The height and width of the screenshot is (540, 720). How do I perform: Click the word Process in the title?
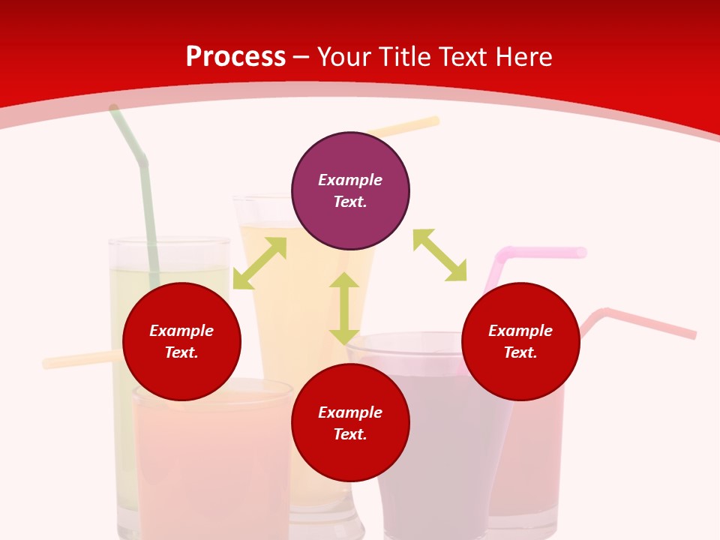pos(235,57)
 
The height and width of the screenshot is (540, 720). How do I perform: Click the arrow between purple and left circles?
pos(259,263)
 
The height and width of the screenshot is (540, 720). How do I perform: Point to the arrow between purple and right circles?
pos(439,255)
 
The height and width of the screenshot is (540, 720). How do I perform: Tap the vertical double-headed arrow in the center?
pos(344,308)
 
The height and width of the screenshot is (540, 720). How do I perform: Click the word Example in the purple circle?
pos(350,180)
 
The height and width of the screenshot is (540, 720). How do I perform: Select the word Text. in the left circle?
pos(181,352)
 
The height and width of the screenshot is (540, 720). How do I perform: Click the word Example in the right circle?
pos(520,331)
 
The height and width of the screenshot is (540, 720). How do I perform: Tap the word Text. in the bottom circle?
pos(350,434)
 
